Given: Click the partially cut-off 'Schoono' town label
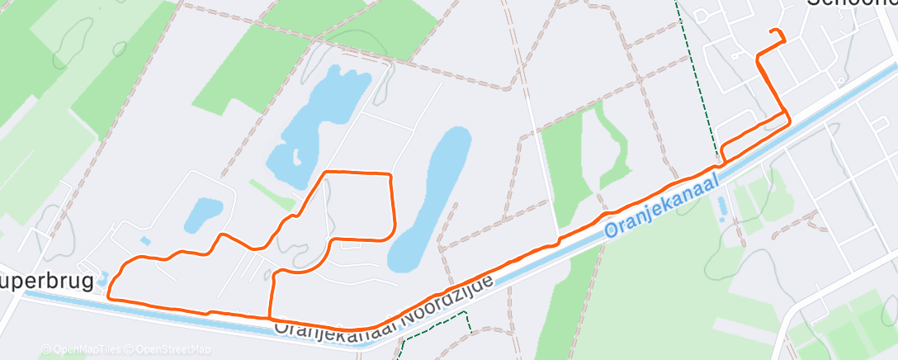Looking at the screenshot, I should (850, 4).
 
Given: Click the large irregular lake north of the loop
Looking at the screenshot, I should (318, 120).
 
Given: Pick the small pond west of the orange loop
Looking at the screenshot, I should (201, 214).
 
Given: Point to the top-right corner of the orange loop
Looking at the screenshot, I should (389, 175).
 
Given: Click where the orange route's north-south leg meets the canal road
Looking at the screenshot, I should (270, 317).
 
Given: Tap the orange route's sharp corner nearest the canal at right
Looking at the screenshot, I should (789, 117).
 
